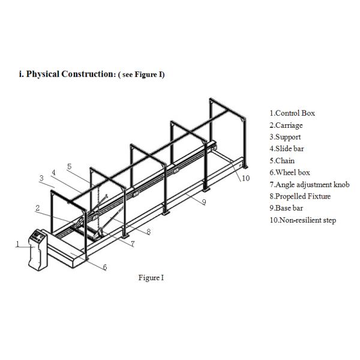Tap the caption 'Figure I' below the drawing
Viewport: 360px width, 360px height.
[151, 277]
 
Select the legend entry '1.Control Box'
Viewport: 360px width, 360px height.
[292, 113]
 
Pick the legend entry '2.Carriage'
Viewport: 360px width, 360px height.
[286, 125]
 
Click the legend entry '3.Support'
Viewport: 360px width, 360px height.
[285, 137]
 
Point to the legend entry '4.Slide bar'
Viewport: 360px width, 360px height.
[287, 149]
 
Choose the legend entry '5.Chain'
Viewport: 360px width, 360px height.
[282, 161]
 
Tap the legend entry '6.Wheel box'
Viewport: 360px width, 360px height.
[289, 173]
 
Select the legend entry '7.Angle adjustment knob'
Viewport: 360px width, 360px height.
[308, 184]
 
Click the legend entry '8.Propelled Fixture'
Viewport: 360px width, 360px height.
[299, 196]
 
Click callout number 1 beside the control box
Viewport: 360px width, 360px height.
[17, 244]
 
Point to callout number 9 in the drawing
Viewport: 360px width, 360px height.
[204, 202]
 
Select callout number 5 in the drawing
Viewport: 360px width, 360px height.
[69, 166]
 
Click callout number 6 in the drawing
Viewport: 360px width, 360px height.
[105, 267]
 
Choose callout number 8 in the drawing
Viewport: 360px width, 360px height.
[148, 230]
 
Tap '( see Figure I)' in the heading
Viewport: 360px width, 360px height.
[142, 74]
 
